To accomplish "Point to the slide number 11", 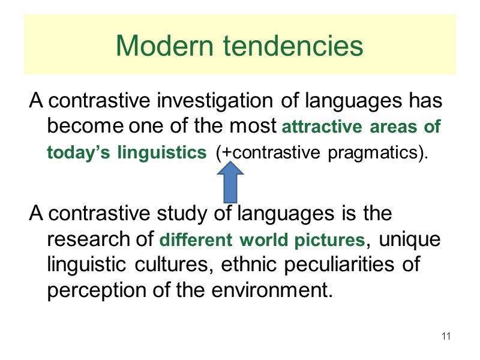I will tap(446, 335).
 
